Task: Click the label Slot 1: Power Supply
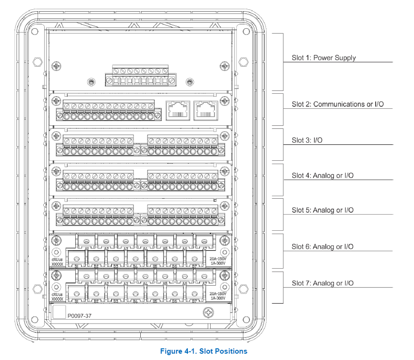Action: click(323, 58)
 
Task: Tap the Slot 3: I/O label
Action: click(307, 140)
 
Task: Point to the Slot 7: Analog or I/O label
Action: click(322, 283)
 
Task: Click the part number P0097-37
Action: click(80, 316)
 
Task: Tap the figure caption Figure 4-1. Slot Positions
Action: click(204, 351)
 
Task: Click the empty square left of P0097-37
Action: click(58, 312)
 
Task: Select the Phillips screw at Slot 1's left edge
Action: click(58, 66)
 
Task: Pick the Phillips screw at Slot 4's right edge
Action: click(224, 171)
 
